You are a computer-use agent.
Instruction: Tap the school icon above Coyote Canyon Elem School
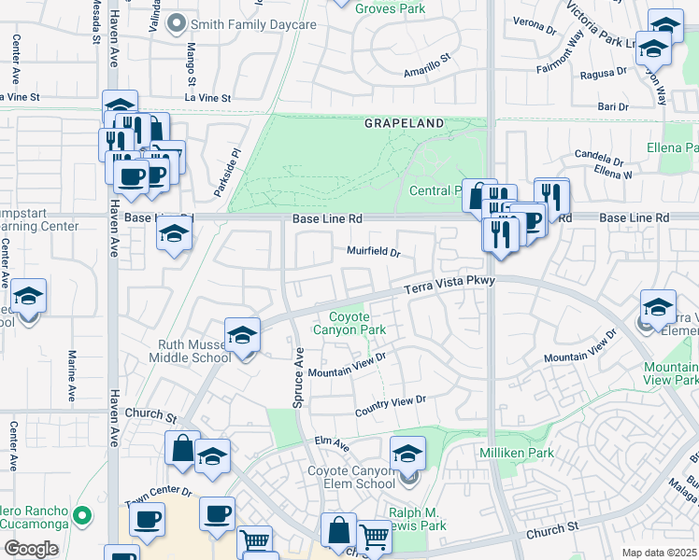pyautogui.click(x=407, y=454)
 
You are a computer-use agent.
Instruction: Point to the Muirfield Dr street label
pyautogui.click(x=374, y=252)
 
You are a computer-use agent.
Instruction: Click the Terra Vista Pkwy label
pyautogui.click(x=448, y=284)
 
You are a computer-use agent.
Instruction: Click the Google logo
pyautogui.click(x=31, y=549)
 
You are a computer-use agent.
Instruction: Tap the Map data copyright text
pyautogui.click(x=660, y=553)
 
